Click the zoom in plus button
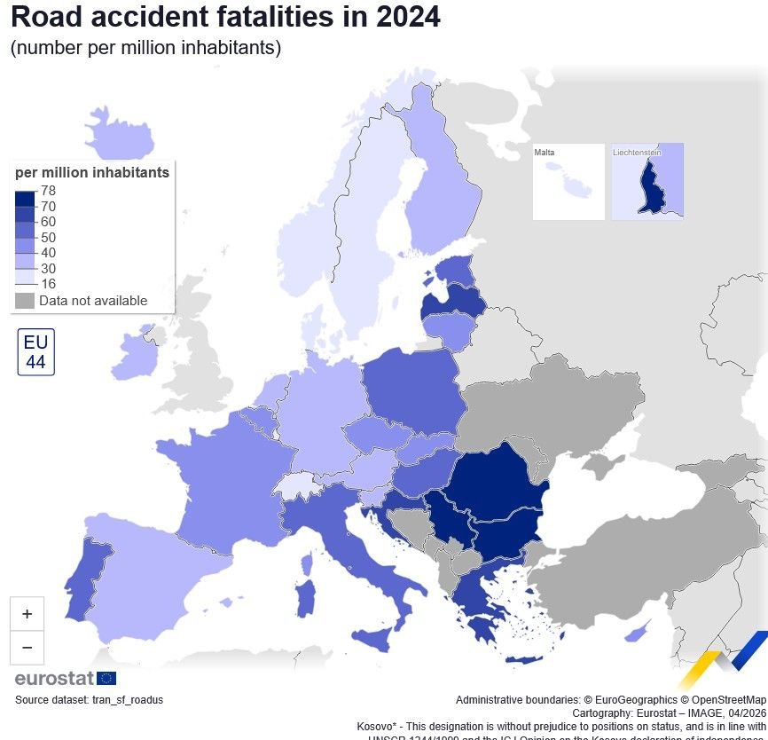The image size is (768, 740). [x=27, y=614]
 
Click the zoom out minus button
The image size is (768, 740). [x=27, y=648]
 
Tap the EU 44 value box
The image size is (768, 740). [x=35, y=352]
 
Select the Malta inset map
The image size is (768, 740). [x=568, y=182]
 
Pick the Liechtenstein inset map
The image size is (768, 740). [x=647, y=182]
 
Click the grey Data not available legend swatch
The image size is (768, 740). [x=25, y=301]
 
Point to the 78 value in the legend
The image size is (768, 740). [x=49, y=190]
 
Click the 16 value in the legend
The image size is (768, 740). [x=49, y=284]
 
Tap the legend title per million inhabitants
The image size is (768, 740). [x=92, y=173]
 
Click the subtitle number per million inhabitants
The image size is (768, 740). [x=145, y=48]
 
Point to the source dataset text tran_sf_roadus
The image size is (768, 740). [x=89, y=700]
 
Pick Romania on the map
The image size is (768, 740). [x=497, y=484]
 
